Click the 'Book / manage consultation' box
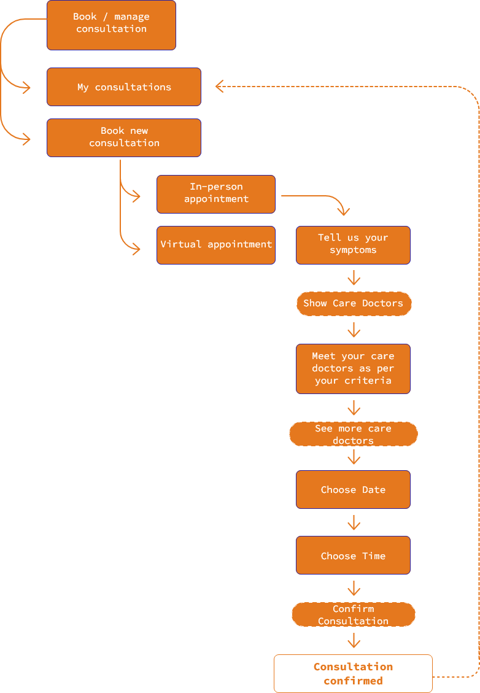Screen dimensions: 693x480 pos(111,25)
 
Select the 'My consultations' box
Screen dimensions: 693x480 pos(124,87)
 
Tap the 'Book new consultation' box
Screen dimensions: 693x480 pos(124,137)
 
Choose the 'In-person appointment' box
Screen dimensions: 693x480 pos(216,194)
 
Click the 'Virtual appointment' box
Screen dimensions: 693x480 pos(216,245)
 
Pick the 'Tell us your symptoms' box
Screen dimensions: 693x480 pos(353,245)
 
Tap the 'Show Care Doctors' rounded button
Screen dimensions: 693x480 pos(354,303)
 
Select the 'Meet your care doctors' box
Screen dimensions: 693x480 pos(353,368)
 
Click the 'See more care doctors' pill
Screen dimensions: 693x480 pos(354,434)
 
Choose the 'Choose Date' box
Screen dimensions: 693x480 pos(353,489)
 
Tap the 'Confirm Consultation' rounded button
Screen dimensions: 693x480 pos(354,614)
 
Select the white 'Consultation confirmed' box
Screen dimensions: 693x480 pos(353,673)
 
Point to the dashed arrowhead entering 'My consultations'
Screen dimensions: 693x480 pos(220,87)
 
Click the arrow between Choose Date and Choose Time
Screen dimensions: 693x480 pos(354,523)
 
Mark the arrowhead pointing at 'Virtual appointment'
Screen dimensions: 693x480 pos(136,247)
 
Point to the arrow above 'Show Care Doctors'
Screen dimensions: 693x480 pos(354,279)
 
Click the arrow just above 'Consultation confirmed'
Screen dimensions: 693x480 pos(354,641)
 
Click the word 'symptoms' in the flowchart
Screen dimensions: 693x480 pos(353,250)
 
